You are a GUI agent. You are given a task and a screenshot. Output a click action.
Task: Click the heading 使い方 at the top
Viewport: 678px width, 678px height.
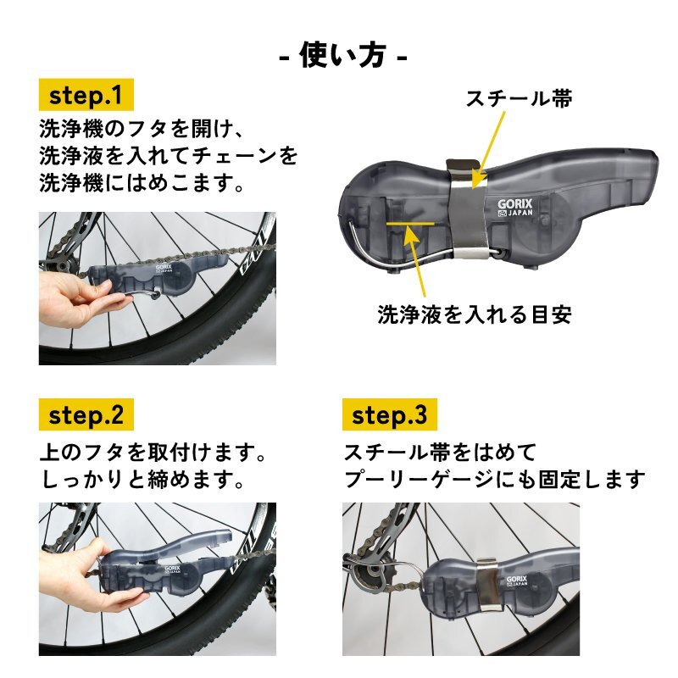pyautogui.click(x=343, y=55)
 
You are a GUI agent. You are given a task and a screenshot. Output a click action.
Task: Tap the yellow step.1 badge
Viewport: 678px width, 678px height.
pyautogui.click(x=86, y=95)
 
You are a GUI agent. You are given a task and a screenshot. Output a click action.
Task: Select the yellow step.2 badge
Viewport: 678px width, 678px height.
pyautogui.click(x=86, y=414)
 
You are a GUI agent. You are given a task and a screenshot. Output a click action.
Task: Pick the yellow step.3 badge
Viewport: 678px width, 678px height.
pyautogui.click(x=390, y=414)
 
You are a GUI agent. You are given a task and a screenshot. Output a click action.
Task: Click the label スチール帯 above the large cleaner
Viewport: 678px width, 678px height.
pyautogui.click(x=519, y=98)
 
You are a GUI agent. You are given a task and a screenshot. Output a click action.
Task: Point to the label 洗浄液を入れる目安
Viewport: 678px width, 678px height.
pyautogui.click(x=475, y=314)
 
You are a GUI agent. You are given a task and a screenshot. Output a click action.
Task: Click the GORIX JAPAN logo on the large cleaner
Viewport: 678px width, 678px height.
pyautogui.click(x=514, y=208)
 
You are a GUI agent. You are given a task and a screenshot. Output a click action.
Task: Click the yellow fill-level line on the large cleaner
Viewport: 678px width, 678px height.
pyautogui.click(x=410, y=224)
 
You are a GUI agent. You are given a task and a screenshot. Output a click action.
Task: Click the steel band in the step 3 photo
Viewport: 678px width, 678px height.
pyautogui.click(x=489, y=584)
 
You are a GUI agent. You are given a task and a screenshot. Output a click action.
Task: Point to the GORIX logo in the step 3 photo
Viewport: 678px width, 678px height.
pyautogui.click(x=517, y=581)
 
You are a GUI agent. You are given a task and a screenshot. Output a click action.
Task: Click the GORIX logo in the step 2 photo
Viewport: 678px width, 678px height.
pyautogui.click(x=172, y=569)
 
